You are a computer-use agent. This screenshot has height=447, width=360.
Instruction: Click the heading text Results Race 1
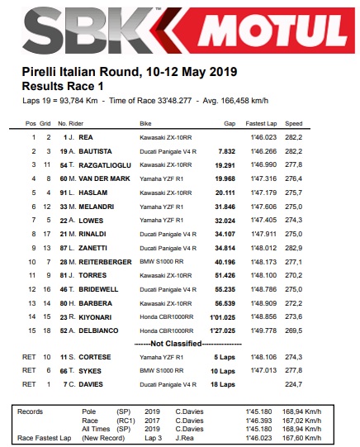pyautogui.click(x=64, y=85)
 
